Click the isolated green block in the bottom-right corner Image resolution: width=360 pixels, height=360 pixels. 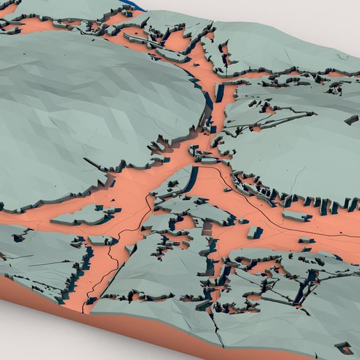(x=344, y=346)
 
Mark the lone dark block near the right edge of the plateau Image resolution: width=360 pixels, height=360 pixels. (x=350, y=120)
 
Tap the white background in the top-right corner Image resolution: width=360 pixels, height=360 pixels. (x=328, y=17)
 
